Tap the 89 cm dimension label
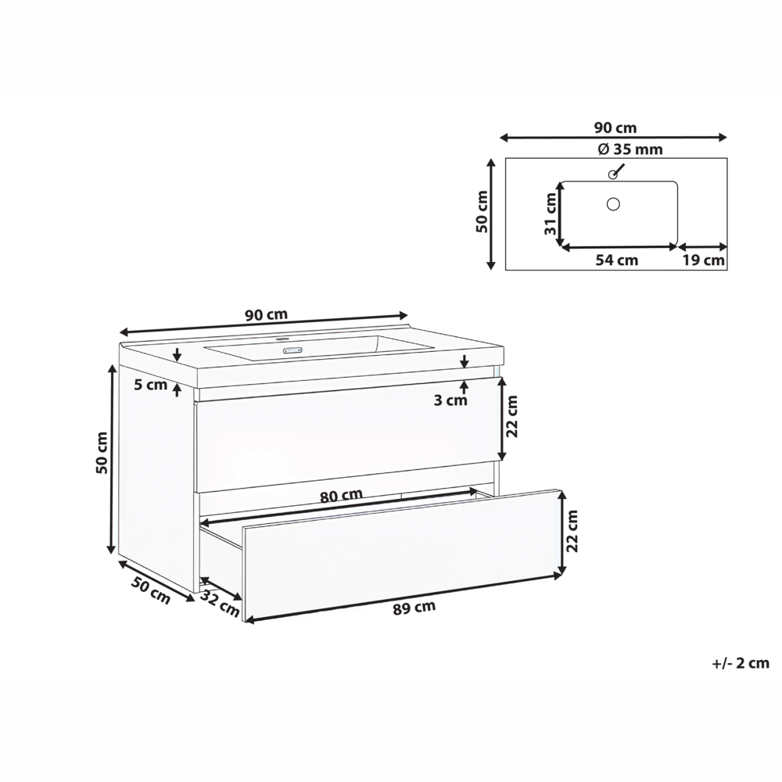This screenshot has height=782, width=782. click(x=414, y=608)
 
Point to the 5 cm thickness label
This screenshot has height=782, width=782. click(x=151, y=384)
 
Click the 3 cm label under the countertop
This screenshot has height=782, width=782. click(x=451, y=400)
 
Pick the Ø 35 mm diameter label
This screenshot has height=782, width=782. click(x=619, y=149)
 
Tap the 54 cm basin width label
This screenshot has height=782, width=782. click(x=617, y=260)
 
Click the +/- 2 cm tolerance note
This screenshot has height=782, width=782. click(x=741, y=663)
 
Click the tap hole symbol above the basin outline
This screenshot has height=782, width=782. click(x=614, y=174)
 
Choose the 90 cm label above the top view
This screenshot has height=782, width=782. click(x=615, y=127)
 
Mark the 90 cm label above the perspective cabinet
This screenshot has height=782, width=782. click(x=266, y=315)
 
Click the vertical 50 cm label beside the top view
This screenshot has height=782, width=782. click(x=482, y=213)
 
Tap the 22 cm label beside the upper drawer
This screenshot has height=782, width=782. click(x=512, y=417)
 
